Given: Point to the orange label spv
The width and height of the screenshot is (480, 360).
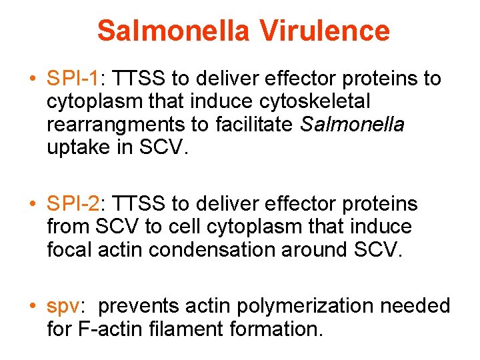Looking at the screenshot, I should (x=63, y=306).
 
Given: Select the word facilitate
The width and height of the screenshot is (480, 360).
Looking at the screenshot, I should (x=251, y=125).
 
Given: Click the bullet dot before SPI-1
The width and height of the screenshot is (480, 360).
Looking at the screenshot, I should (x=33, y=79).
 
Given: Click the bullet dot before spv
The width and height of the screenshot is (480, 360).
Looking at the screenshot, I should (x=33, y=307).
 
